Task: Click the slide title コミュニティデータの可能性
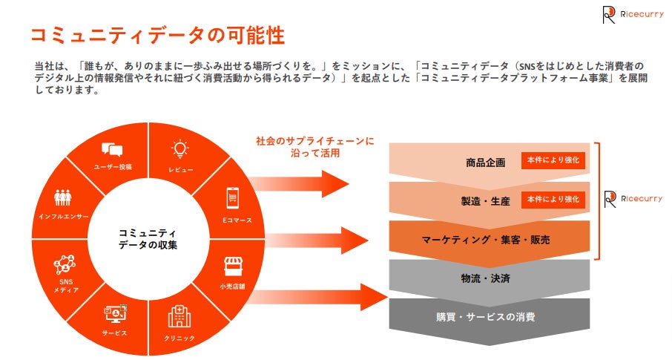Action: [x=157, y=35]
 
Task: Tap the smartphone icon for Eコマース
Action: [x=232, y=198]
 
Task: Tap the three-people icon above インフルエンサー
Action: [x=63, y=198]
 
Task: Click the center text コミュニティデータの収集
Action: [x=148, y=238]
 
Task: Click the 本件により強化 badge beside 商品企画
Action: [x=553, y=160]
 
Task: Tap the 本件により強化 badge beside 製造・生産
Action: [x=553, y=200]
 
